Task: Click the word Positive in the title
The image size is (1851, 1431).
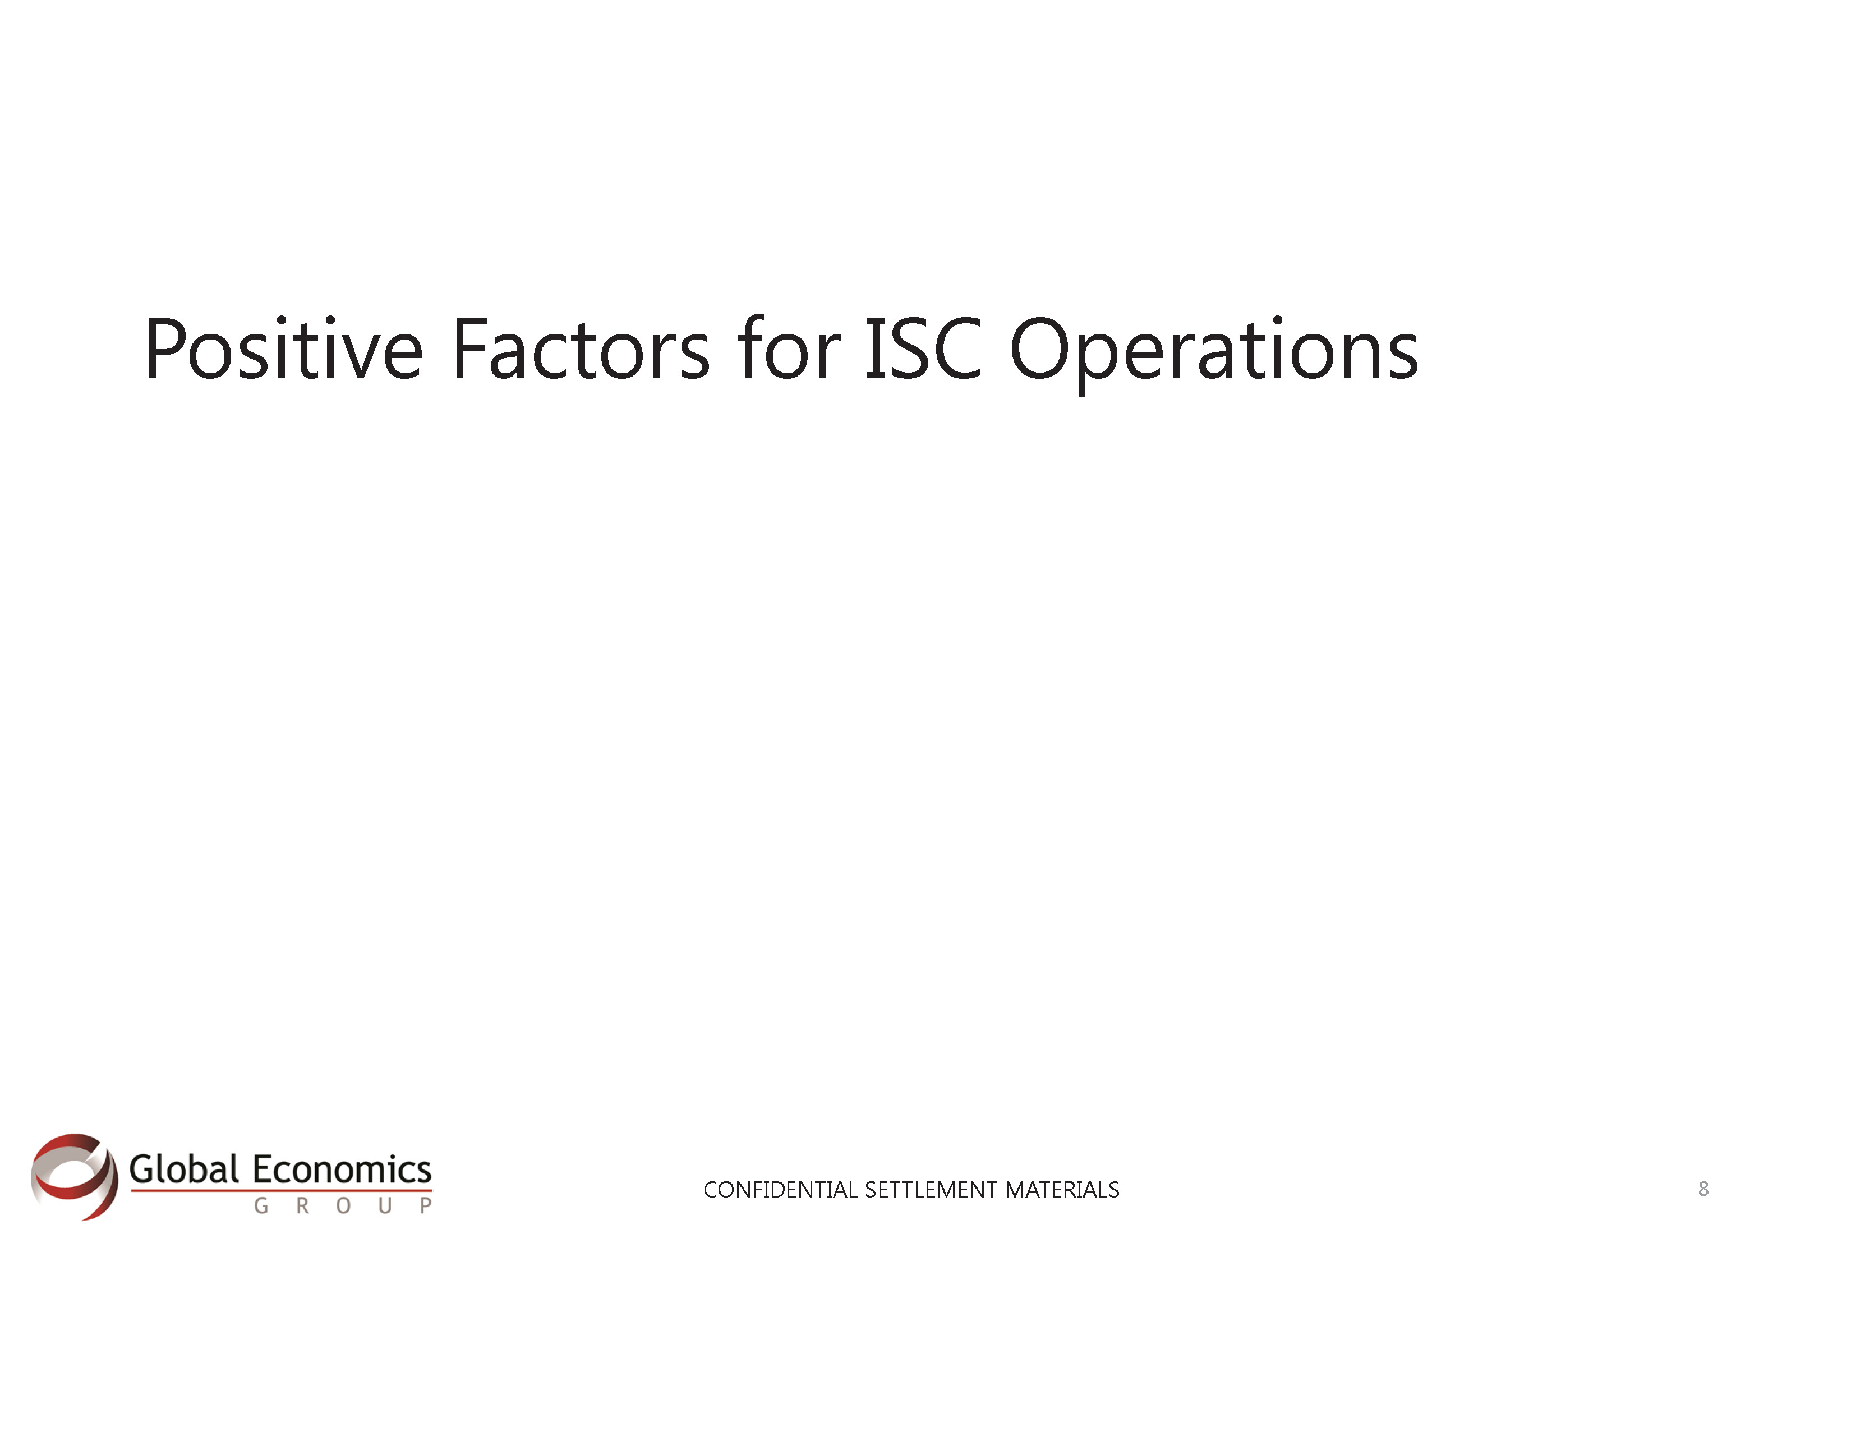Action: point(283,348)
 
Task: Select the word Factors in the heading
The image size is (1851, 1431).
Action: point(581,348)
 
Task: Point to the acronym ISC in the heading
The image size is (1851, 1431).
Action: point(923,348)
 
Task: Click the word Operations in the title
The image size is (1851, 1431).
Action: point(1214,354)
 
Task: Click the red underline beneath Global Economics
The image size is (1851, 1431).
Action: point(282,1191)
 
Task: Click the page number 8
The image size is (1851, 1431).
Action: point(1703,1189)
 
